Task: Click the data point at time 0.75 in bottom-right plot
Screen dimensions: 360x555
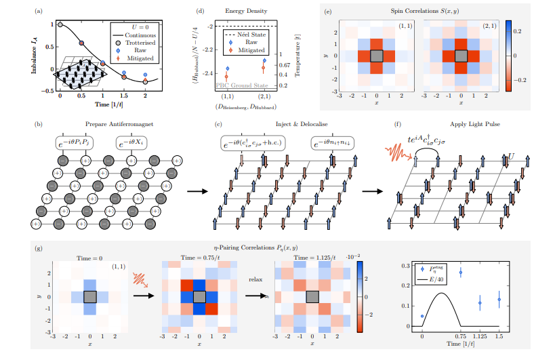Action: pyautogui.click(x=461, y=273)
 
